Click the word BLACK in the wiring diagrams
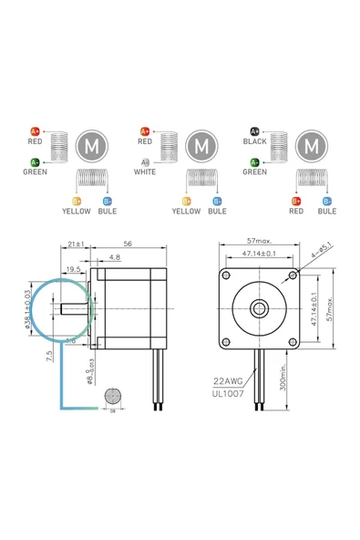[x=255, y=141]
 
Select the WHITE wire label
[x=146, y=171]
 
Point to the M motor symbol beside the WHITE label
[x=201, y=144]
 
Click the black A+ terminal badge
[x=254, y=131]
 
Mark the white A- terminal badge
[x=145, y=161]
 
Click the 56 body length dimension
[x=127, y=244]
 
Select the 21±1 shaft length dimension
[x=77, y=244]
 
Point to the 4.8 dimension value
[x=115, y=258]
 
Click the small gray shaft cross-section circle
[x=112, y=397]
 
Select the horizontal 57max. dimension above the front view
[x=260, y=243]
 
